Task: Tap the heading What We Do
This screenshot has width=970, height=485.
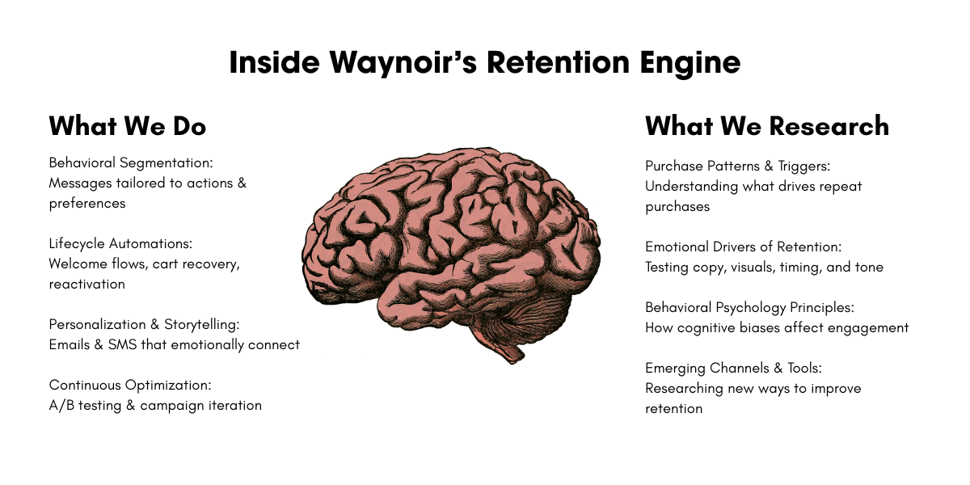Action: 128,126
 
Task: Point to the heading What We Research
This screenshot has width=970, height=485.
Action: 767,126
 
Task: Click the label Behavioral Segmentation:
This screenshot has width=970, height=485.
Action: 131,162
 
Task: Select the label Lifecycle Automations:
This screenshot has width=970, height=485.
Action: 121,243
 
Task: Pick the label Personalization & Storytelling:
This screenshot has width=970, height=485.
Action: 145,324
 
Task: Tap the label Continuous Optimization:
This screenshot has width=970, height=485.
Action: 130,385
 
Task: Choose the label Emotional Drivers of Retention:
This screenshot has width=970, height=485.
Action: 743,247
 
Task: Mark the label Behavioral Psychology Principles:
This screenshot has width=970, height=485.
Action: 749,307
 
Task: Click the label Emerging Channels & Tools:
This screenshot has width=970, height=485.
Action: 733,368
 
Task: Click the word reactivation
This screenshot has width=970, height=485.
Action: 86,284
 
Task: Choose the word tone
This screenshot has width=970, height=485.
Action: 868,267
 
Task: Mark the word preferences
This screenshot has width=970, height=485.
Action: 87,203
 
